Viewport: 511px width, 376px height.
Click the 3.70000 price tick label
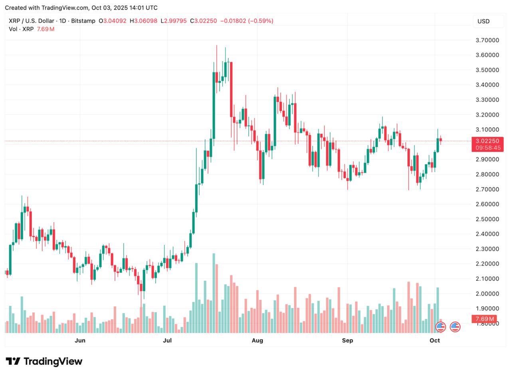pos(487,40)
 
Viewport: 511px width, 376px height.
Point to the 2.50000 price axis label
pos(487,219)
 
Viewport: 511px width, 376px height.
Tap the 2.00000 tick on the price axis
pos(487,293)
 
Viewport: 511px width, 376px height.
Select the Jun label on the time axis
pos(80,340)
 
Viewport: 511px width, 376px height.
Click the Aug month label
pos(257,340)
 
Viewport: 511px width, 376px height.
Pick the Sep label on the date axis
pos(347,340)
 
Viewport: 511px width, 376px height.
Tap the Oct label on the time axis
pos(435,340)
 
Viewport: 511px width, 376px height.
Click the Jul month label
pos(167,340)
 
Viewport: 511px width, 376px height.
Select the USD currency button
pos(483,21)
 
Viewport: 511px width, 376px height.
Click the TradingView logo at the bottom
pos(44,361)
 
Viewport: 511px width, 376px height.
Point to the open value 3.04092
pos(115,21)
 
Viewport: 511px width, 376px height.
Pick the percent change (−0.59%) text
pos(261,21)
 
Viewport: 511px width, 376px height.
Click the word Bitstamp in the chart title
pos(83,21)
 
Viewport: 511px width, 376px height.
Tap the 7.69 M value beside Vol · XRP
pos(46,29)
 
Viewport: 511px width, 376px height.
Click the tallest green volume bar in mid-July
pos(214,293)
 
